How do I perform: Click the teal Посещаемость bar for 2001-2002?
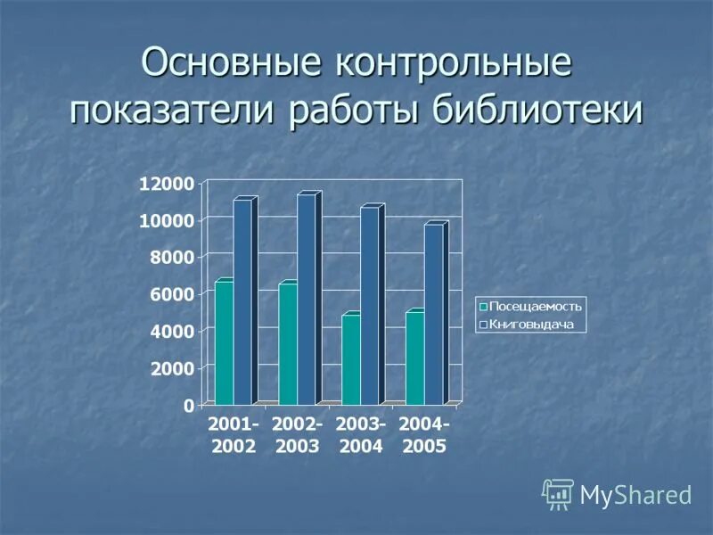tap(224, 343)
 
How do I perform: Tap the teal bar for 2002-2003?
tap(288, 343)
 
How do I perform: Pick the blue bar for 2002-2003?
tap(306, 299)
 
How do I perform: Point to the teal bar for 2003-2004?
tap(351, 359)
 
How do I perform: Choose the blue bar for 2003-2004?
tap(369, 305)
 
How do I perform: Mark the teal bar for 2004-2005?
tap(414, 358)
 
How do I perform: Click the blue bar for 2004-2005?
tap(433, 314)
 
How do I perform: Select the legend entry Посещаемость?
tap(530, 306)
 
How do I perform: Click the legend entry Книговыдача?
tap(529, 325)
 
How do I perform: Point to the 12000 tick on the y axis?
tap(166, 184)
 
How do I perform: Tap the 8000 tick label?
tap(169, 258)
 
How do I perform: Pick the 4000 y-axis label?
tap(169, 331)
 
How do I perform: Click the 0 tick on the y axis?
tap(188, 405)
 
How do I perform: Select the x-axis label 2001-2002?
tap(234, 435)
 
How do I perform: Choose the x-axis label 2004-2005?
tap(424, 435)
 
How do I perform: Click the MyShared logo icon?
tap(558, 494)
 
